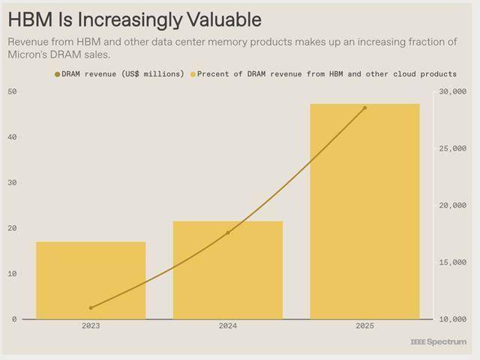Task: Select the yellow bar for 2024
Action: [x=228, y=270]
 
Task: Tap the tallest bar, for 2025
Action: [x=364, y=211]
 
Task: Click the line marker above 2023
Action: [x=91, y=307]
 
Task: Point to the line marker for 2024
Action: [x=228, y=232]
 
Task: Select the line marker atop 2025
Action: [x=364, y=108]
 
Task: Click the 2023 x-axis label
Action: [x=91, y=326]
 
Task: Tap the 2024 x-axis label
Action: [x=228, y=326]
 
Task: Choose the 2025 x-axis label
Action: [x=364, y=326]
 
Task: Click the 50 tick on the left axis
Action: [x=13, y=91]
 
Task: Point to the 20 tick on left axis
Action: [x=13, y=228]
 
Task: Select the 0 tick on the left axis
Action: [x=14, y=319]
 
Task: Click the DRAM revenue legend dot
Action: [x=57, y=74]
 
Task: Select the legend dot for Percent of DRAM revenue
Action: [x=193, y=74]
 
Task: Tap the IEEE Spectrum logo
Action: [x=438, y=342]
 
